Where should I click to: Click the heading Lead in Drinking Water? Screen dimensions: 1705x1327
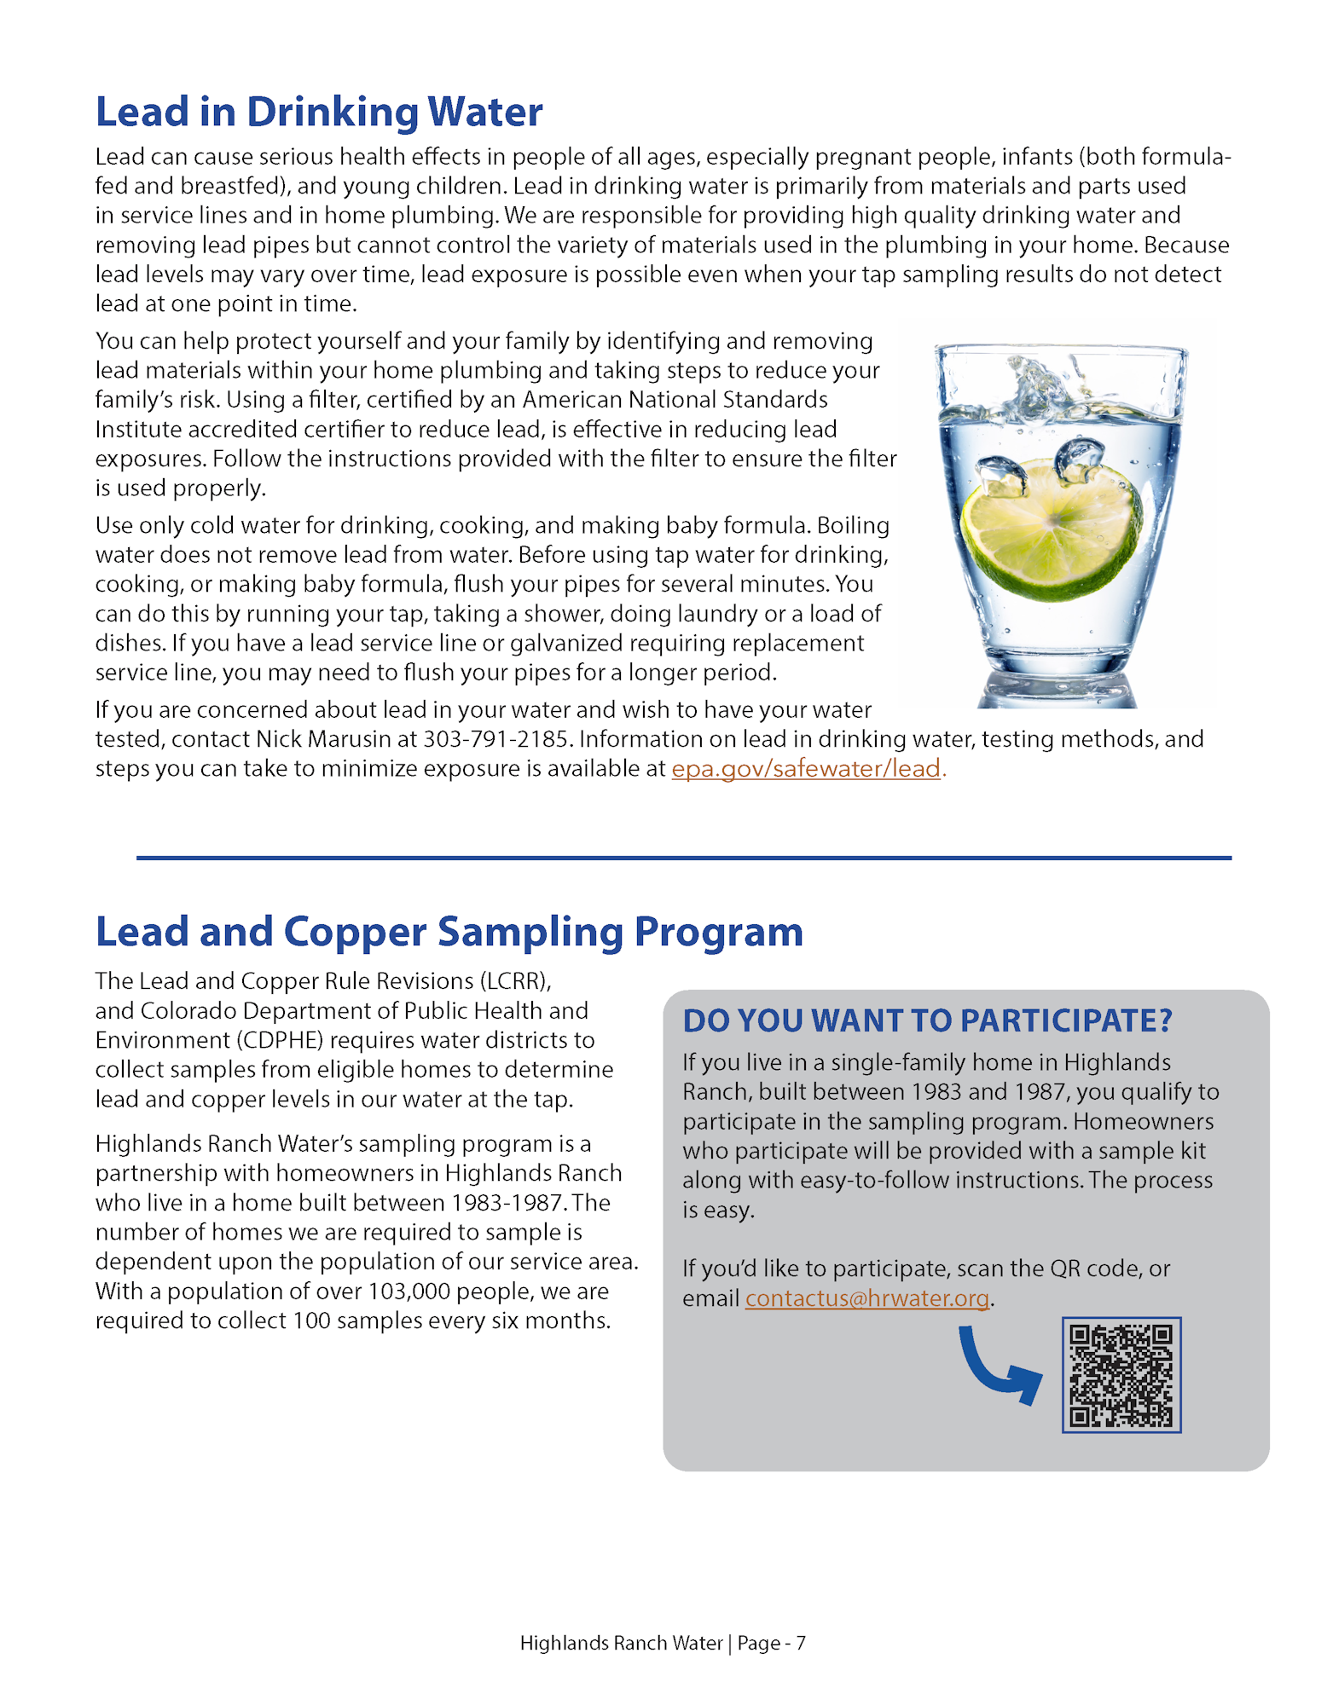click(318, 112)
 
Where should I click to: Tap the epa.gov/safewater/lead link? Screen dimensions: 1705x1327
click(807, 769)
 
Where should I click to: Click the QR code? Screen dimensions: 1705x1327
click(1121, 1374)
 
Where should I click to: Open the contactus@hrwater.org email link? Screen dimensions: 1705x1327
click(866, 1298)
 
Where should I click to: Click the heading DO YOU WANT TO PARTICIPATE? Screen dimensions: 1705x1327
click(927, 1020)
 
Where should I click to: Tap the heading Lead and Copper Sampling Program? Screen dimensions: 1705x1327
click(449, 932)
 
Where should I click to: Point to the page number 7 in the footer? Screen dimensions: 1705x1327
click(801, 1643)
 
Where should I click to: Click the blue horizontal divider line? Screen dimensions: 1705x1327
click(683, 858)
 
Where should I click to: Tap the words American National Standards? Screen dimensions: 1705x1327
click(675, 400)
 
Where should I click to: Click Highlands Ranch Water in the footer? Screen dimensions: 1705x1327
click(621, 1643)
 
